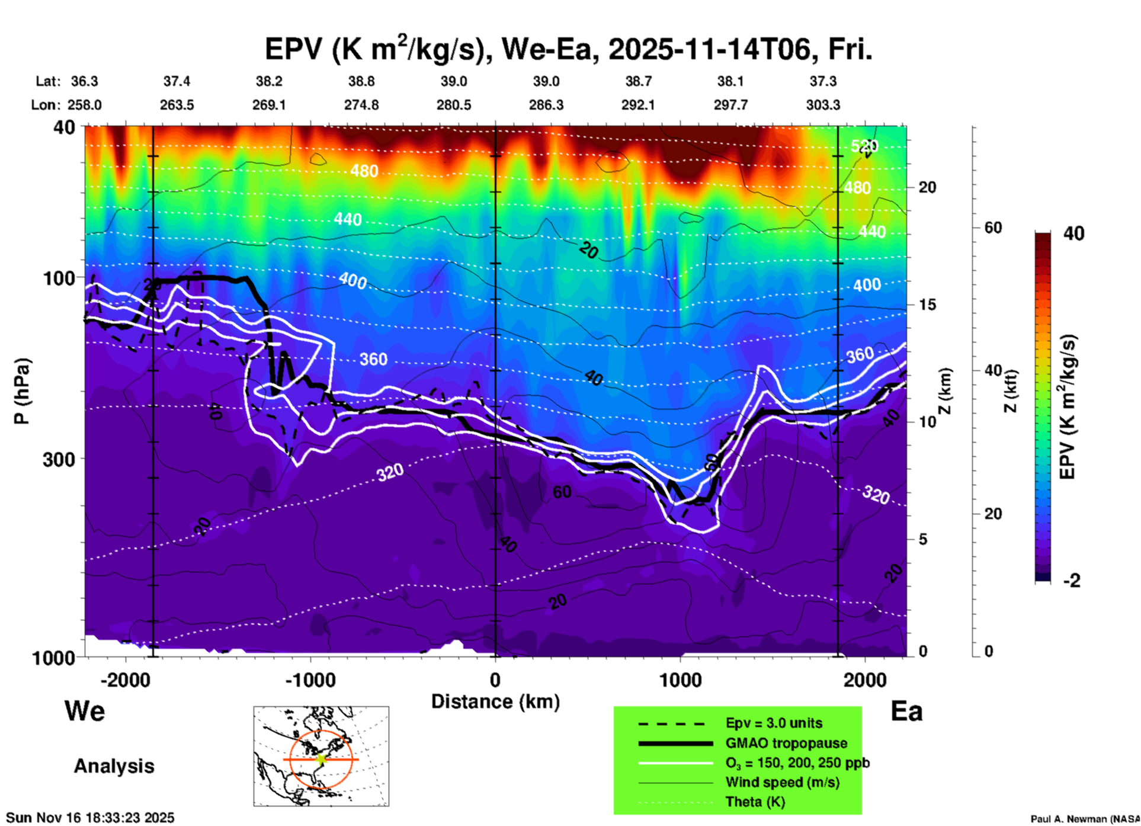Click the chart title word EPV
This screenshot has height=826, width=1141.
294,49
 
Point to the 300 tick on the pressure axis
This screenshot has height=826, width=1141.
59,459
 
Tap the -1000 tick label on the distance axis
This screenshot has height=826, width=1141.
310,680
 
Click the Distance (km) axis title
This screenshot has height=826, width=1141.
495,702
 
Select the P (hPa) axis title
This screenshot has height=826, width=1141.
22,391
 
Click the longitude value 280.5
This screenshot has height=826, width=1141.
454,105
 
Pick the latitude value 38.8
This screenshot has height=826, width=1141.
361,81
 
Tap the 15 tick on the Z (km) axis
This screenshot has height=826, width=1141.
927,305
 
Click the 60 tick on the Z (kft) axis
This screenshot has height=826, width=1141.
993,228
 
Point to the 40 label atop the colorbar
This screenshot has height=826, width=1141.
1073,233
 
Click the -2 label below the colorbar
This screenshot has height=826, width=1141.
1072,581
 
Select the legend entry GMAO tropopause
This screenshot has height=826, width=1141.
786,743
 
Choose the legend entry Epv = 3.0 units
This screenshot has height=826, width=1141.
774,723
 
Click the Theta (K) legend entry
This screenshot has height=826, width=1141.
755,802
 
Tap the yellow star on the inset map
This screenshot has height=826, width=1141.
321,759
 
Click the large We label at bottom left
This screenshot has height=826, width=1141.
85,711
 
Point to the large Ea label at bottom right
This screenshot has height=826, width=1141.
906,711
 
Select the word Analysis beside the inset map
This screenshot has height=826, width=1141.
114,766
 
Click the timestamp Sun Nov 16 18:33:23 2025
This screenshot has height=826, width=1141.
90,818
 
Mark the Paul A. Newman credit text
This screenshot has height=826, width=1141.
1084,819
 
